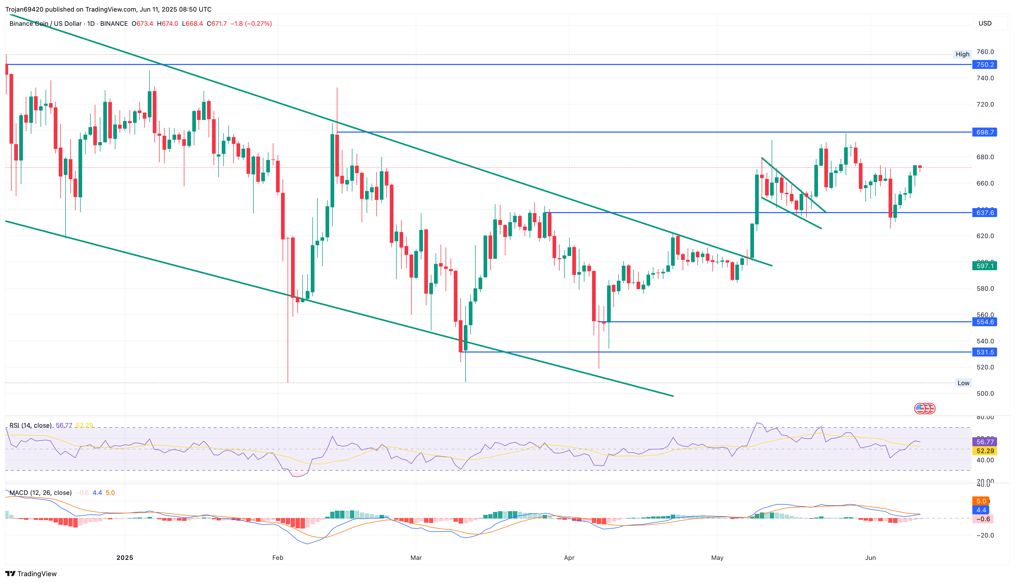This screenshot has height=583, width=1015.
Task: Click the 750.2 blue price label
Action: click(984, 64)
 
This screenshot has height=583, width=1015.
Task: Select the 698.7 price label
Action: click(984, 132)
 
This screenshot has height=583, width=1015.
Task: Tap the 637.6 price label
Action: click(984, 213)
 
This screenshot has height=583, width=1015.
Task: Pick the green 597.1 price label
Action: click(984, 266)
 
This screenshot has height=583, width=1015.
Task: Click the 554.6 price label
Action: click(984, 322)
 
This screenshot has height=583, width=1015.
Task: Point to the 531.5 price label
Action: click(984, 352)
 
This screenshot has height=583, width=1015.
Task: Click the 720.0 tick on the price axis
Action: click(985, 104)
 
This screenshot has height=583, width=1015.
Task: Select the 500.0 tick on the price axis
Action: click(985, 394)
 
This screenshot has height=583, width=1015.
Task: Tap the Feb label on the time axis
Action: click(277, 558)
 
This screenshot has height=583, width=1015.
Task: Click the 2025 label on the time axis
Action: click(125, 558)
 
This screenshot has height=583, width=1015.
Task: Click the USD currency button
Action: click(985, 23)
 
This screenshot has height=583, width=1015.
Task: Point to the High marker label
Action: click(963, 54)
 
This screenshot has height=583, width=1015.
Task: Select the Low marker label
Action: click(963, 383)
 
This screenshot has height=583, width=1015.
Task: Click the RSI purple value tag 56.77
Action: click(984, 442)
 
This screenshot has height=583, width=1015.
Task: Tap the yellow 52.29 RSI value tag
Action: click(984, 451)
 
